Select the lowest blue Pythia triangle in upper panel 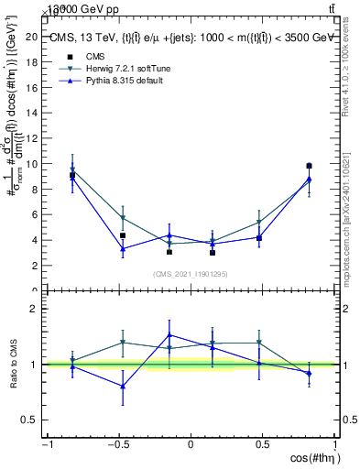click(x=122, y=248)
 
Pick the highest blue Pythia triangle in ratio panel click(x=169, y=334)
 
